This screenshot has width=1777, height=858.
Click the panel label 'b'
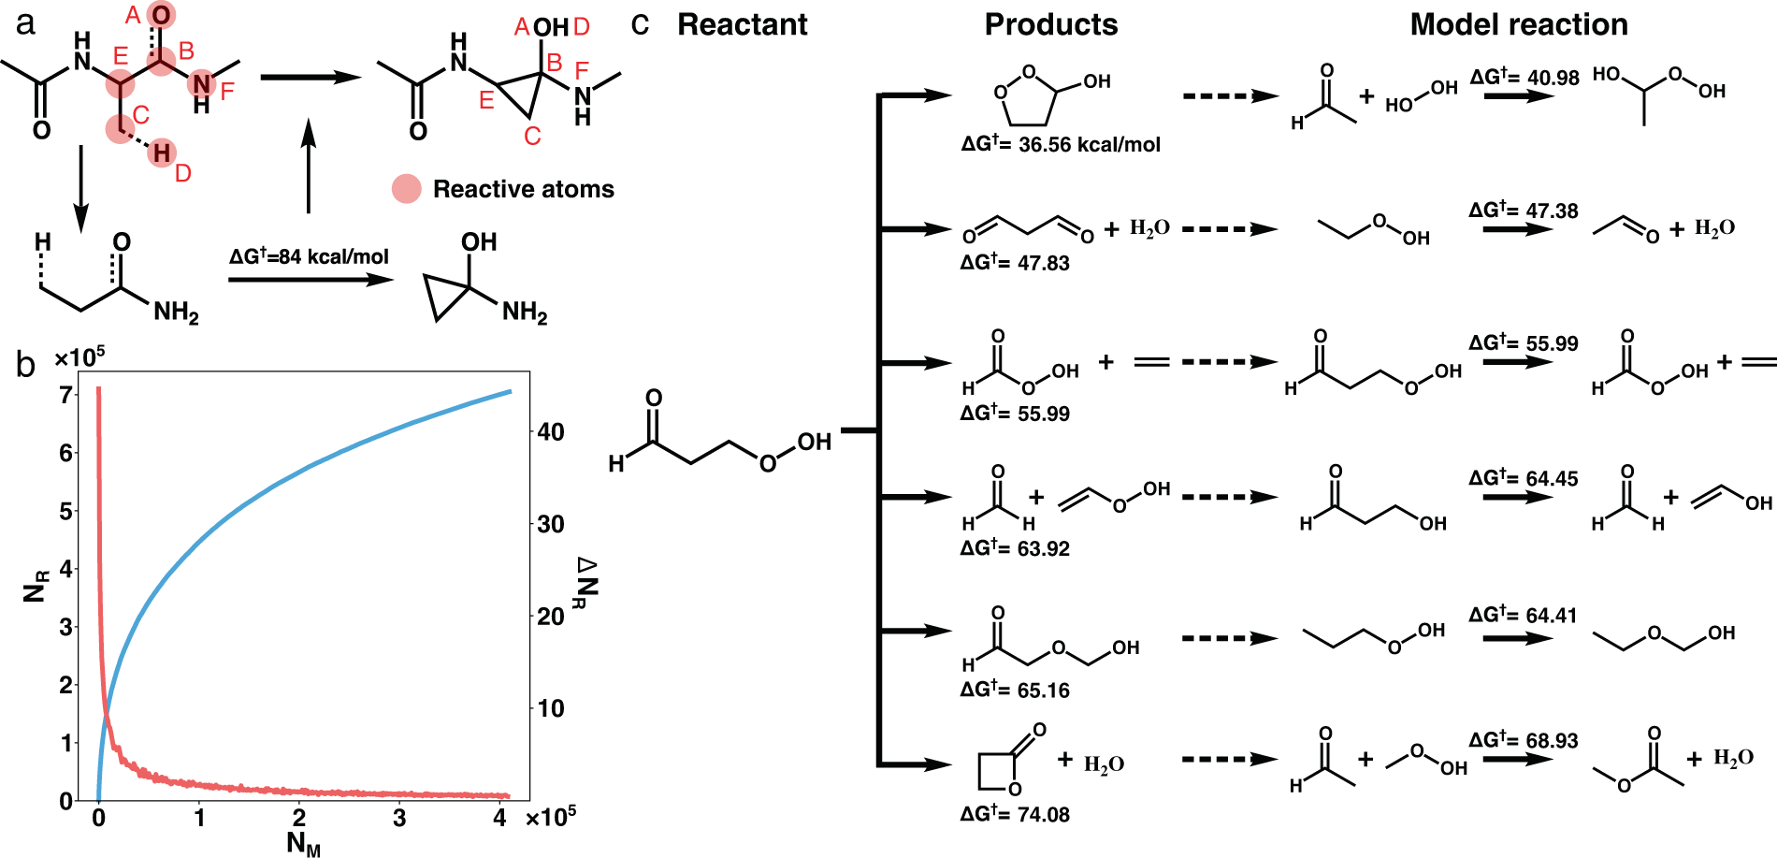coord(25,364)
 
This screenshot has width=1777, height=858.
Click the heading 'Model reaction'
coord(1518,24)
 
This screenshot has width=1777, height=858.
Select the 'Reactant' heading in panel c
coord(742,24)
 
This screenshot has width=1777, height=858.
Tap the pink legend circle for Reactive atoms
coord(406,189)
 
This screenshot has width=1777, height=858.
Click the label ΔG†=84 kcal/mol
coord(309,256)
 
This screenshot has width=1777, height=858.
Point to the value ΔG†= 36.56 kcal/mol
coord(1061,144)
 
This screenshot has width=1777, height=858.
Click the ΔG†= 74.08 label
coord(1015,814)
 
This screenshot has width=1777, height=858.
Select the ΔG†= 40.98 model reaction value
coord(1524,78)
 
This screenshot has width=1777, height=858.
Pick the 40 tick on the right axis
coord(551,432)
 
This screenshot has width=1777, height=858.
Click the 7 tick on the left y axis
coord(65,395)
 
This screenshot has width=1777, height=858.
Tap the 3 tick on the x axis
coord(399,818)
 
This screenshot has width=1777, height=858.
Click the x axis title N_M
coord(303,843)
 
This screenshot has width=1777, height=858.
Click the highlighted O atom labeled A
coord(161,15)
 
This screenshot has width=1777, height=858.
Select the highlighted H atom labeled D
coord(162,153)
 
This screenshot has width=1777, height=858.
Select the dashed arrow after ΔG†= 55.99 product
coord(1229,362)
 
